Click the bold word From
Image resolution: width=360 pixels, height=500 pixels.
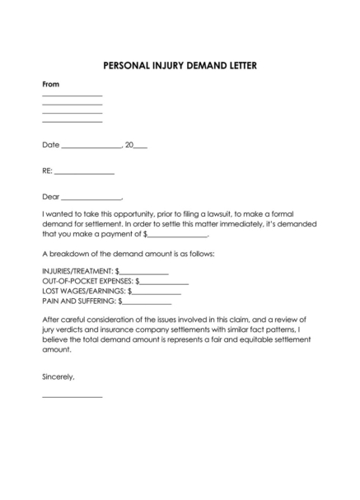click(50, 85)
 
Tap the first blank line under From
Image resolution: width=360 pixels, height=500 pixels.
click(72, 97)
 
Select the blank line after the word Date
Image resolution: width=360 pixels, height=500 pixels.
click(91, 147)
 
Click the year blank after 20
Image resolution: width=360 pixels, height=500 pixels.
click(140, 147)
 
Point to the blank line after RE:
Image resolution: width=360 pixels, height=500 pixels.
click(84, 173)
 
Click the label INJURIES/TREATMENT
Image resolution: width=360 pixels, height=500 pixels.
click(77, 270)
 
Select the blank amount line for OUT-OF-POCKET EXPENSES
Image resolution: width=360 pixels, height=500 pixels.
click(165, 283)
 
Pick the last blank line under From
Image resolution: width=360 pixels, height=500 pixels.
click(72, 122)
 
